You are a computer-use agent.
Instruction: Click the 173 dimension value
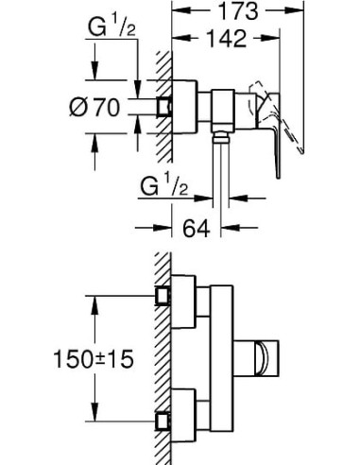click(247, 13)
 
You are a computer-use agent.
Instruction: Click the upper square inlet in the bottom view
click(164, 295)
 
